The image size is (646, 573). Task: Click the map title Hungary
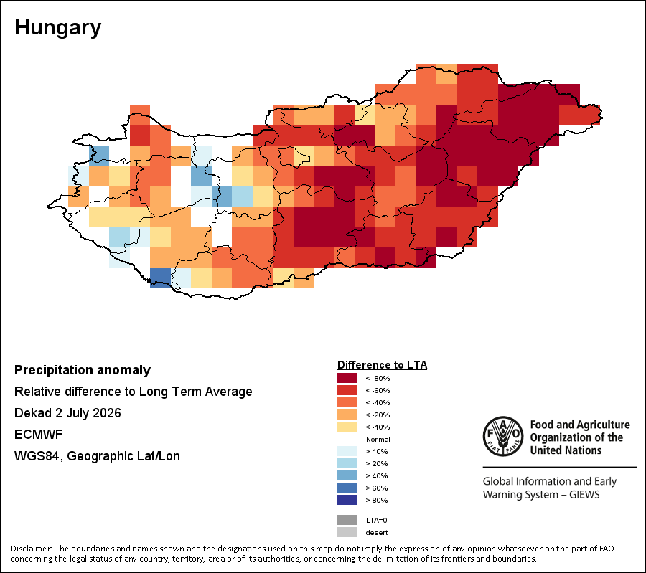point(57,28)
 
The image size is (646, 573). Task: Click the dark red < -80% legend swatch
point(347,378)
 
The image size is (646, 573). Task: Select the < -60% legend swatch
point(347,390)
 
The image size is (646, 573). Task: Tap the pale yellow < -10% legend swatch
point(347,427)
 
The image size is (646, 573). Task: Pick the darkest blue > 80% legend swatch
point(347,500)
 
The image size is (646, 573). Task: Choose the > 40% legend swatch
point(347,475)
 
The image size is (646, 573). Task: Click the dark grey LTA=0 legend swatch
point(347,520)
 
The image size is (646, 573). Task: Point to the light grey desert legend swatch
point(347,532)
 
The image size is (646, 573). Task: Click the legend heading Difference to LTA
point(383,365)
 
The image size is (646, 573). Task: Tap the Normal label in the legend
point(378,439)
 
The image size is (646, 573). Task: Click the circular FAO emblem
point(503,436)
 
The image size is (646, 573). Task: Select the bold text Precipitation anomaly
point(83,370)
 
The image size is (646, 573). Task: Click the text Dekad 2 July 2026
point(67,413)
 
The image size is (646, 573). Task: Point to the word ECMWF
point(38,435)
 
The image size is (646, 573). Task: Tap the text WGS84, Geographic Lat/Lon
point(97,456)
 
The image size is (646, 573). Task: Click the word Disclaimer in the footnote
point(32,549)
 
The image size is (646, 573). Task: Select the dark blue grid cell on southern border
point(160,278)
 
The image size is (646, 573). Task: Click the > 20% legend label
point(377,463)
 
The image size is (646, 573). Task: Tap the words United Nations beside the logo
point(566,450)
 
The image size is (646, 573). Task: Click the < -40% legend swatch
point(347,402)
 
